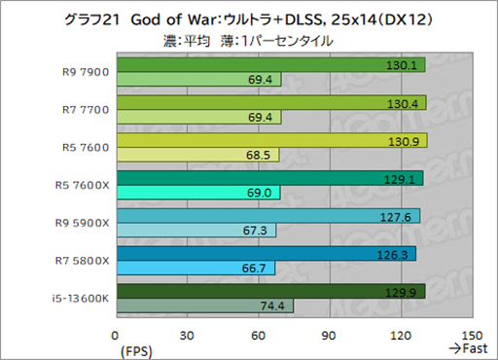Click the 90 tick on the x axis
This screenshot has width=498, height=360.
pos(329,335)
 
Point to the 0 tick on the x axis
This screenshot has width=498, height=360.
pos(117,335)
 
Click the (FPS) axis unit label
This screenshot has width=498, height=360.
pos(134,348)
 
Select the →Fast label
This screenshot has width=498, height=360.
pos(467,348)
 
